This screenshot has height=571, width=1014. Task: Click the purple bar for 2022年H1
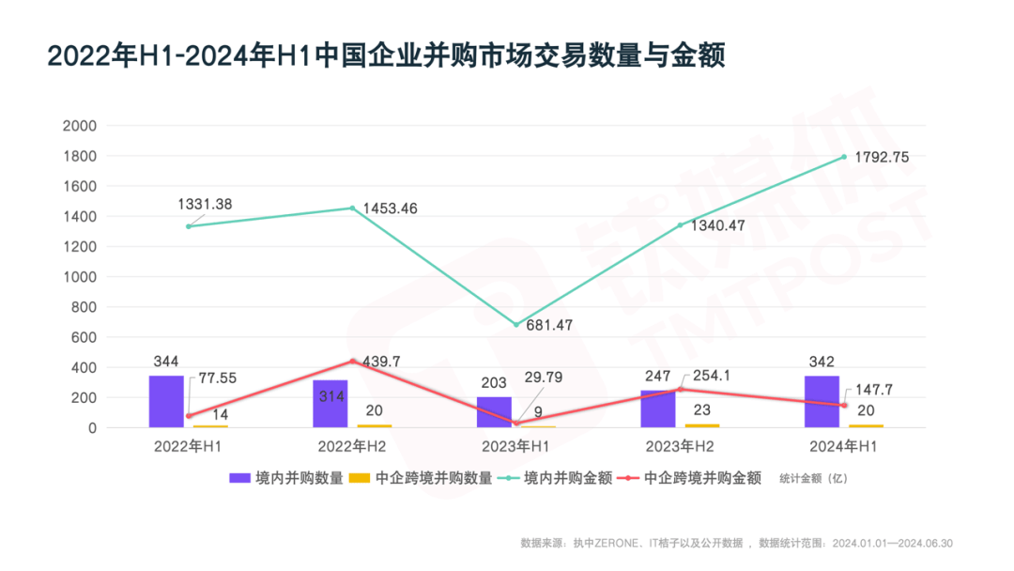tap(166, 402)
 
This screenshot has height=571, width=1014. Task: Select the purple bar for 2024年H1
tap(822, 402)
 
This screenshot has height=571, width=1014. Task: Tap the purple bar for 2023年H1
tap(494, 412)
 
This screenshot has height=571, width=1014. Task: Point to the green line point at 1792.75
tap(844, 157)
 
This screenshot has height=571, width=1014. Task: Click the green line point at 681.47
tap(516, 325)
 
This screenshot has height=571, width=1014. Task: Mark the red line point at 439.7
tap(353, 362)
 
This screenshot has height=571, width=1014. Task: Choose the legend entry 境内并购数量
tap(286, 478)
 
